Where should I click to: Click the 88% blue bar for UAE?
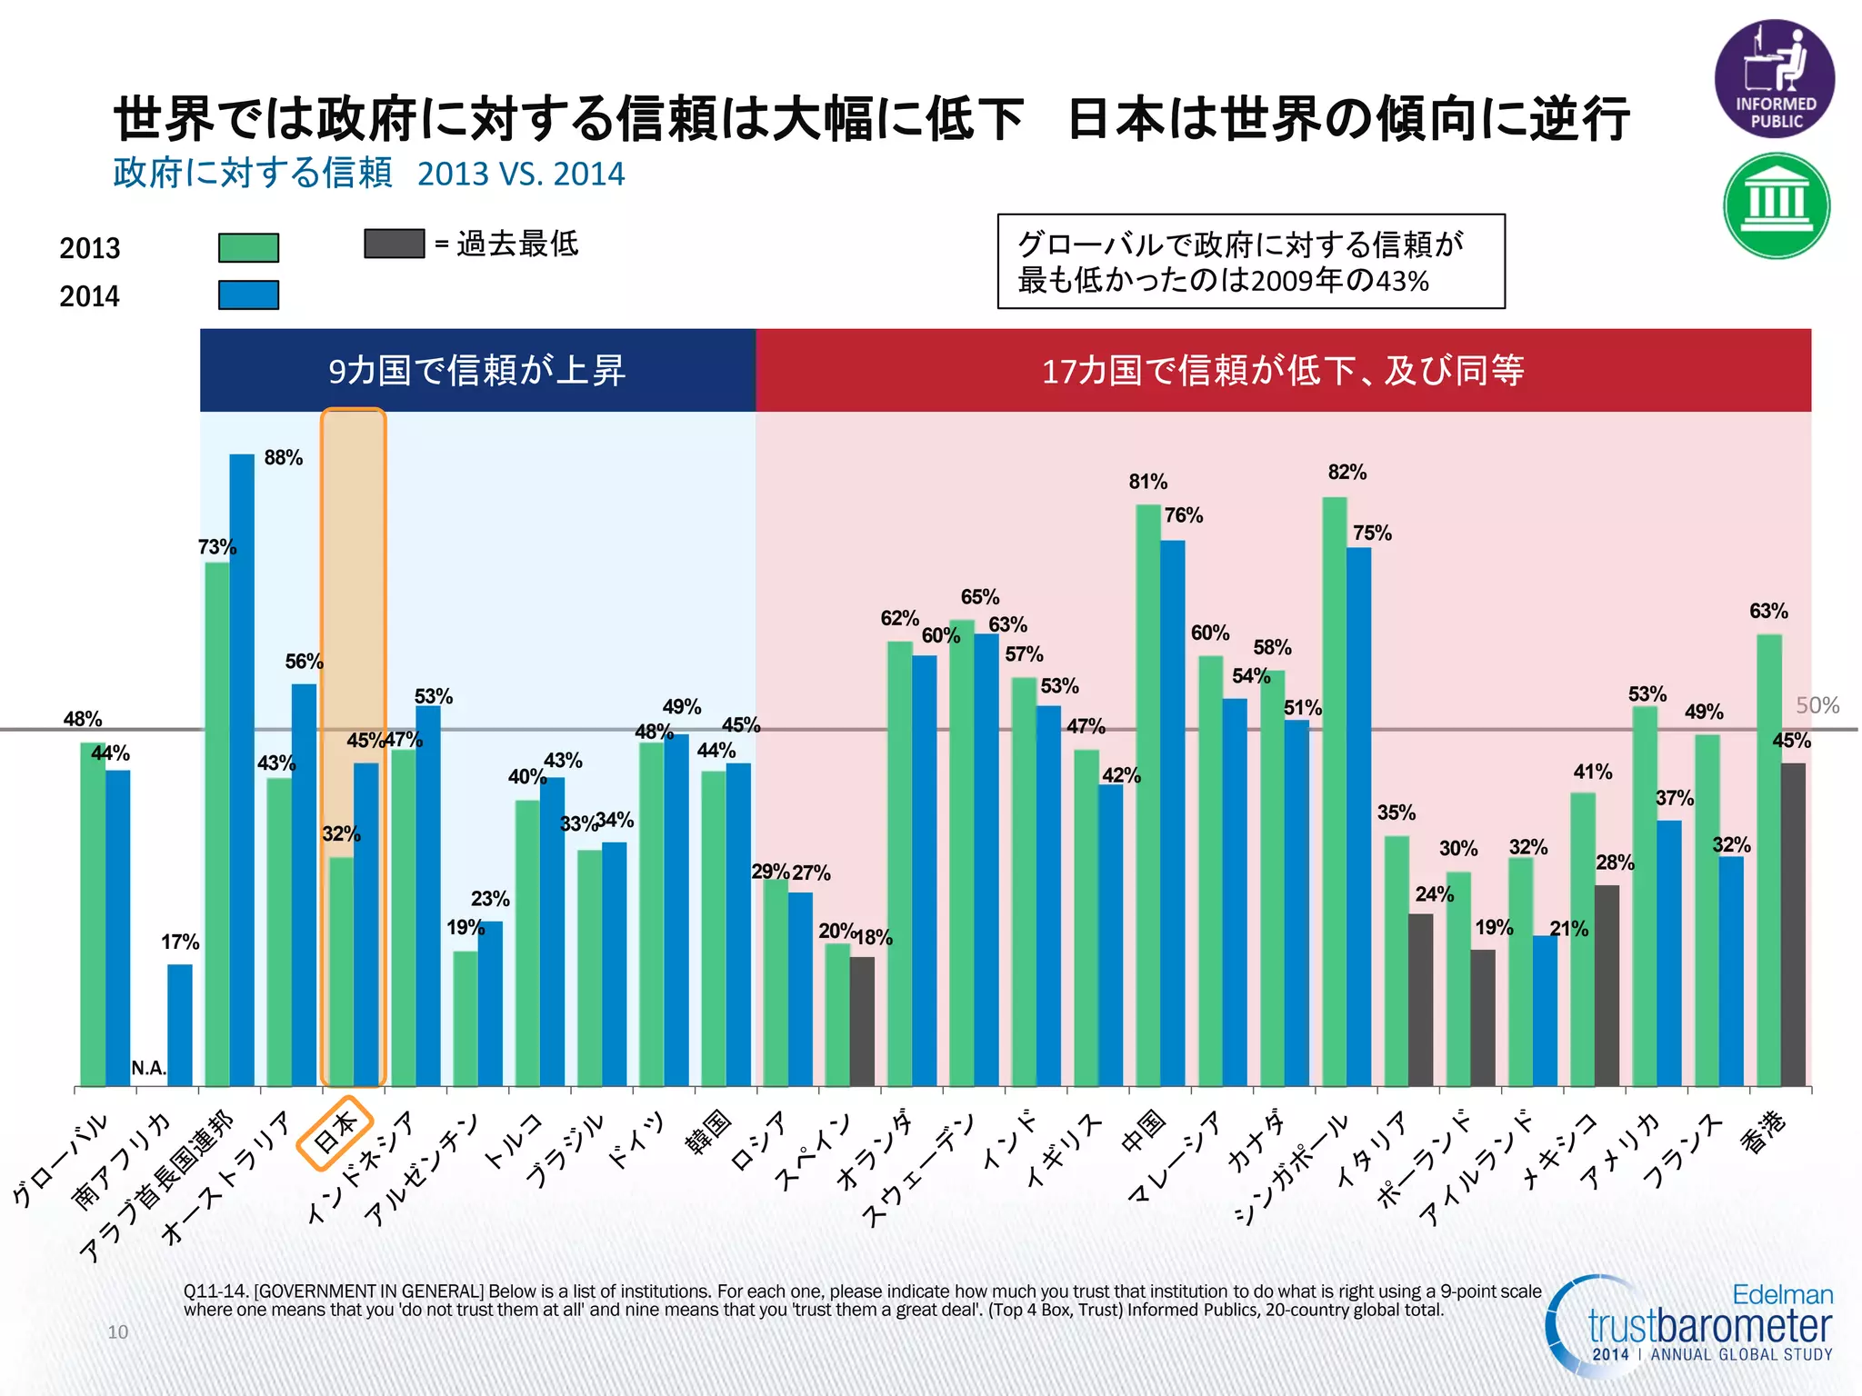click(x=242, y=773)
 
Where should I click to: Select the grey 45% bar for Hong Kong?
click(x=1793, y=927)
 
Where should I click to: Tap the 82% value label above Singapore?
click(x=1346, y=473)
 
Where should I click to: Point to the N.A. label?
click(x=149, y=1069)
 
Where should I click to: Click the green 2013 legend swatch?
click(x=248, y=247)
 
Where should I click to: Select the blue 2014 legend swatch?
click(x=248, y=295)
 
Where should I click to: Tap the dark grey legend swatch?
click(x=394, y=244)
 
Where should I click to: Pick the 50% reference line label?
click(x=1817, y=705)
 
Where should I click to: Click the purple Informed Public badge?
click(x=1774, y=79)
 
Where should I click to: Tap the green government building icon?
click(x=1776, y=205)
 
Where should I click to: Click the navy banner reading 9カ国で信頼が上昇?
click(x=477, y=371)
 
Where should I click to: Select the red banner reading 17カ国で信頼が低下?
click(x=1282, y=371)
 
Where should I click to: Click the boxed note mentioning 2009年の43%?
click(x=1250, y=262)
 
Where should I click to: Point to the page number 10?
click(x=117, y=1331)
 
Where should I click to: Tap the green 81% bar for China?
click(x=1147, y=795)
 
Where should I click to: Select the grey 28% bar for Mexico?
click(x=1607, y=986)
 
